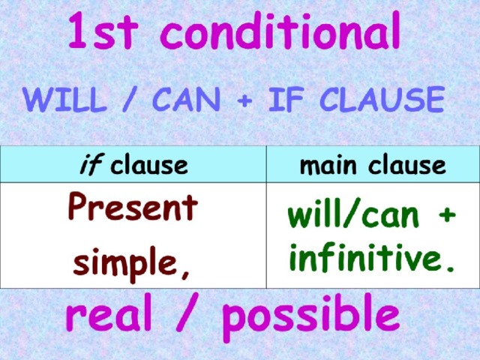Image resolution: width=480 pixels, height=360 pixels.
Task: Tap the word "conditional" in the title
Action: coord(280,30)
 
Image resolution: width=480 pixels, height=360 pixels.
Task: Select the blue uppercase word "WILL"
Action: coord(65,99)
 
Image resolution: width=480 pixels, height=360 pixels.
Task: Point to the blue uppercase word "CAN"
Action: coord(187,99)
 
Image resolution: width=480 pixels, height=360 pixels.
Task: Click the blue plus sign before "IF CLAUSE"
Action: coord(244,100)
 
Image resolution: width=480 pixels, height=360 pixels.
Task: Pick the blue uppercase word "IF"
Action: coord(286,99)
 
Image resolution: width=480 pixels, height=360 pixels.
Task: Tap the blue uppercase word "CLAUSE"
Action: coord(382,99)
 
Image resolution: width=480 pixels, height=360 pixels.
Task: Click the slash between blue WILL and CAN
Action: coord(130,99)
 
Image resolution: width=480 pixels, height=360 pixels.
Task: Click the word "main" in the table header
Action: coord(328,166)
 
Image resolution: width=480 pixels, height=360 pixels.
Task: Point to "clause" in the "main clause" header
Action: coord(407,166)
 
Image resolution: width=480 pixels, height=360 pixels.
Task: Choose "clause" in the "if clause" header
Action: coord(149,166)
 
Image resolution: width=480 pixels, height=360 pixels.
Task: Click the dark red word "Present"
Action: coord(133,206)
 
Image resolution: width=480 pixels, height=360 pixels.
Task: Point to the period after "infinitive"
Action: coord(450,268)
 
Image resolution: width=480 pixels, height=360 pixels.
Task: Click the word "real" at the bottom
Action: coord(109,312)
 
